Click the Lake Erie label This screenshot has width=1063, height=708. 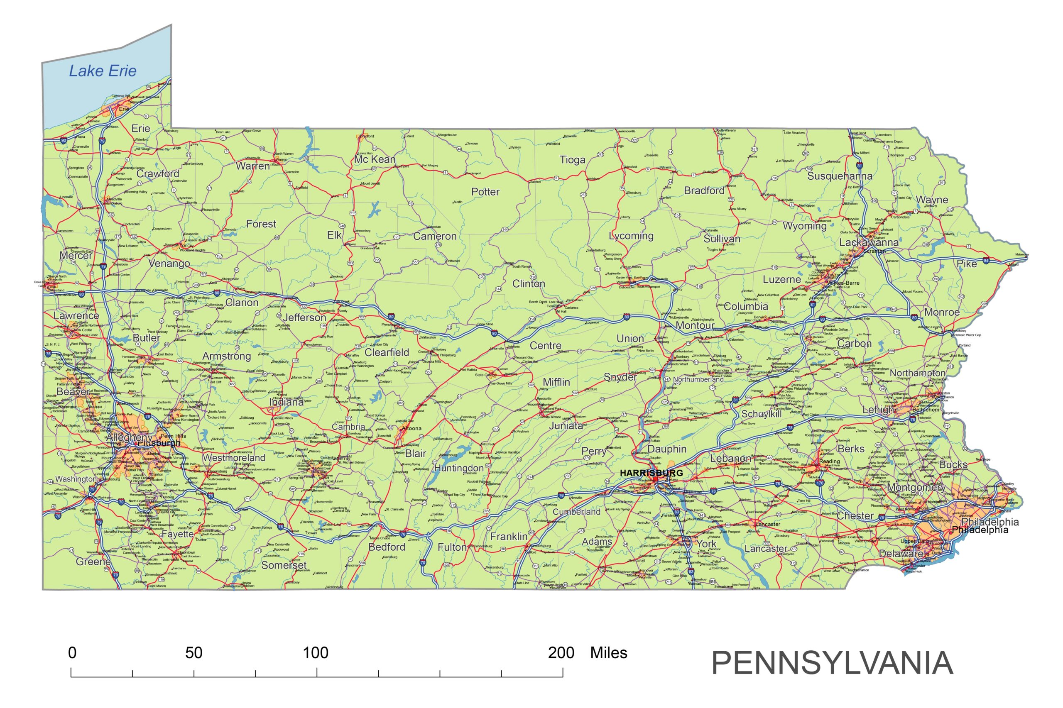(x=103, y=71)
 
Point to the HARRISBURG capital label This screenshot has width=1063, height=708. (x=651, y=473)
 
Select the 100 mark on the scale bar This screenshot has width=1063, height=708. (x=315, y=652)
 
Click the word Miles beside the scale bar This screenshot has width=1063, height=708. (x=608, y=653)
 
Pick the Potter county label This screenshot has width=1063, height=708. (x=485, y=192)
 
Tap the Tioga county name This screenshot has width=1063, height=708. (x=572, y=160)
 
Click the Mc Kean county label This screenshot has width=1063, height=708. (x=375, y=159)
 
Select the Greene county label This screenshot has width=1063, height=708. (x=93, y=561)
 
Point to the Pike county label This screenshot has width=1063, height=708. (x=966, y=264)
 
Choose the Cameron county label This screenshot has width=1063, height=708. (x=435, y=236)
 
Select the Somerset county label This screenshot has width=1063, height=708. (x=284, y=565)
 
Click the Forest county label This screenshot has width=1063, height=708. (x=261, y=224)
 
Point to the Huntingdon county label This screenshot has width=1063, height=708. (x=458, y=468)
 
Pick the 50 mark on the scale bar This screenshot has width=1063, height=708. (x=194, y=652)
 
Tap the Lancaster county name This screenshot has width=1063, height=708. (x=765, y=548)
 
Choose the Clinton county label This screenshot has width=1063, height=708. (x=529, y=284)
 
